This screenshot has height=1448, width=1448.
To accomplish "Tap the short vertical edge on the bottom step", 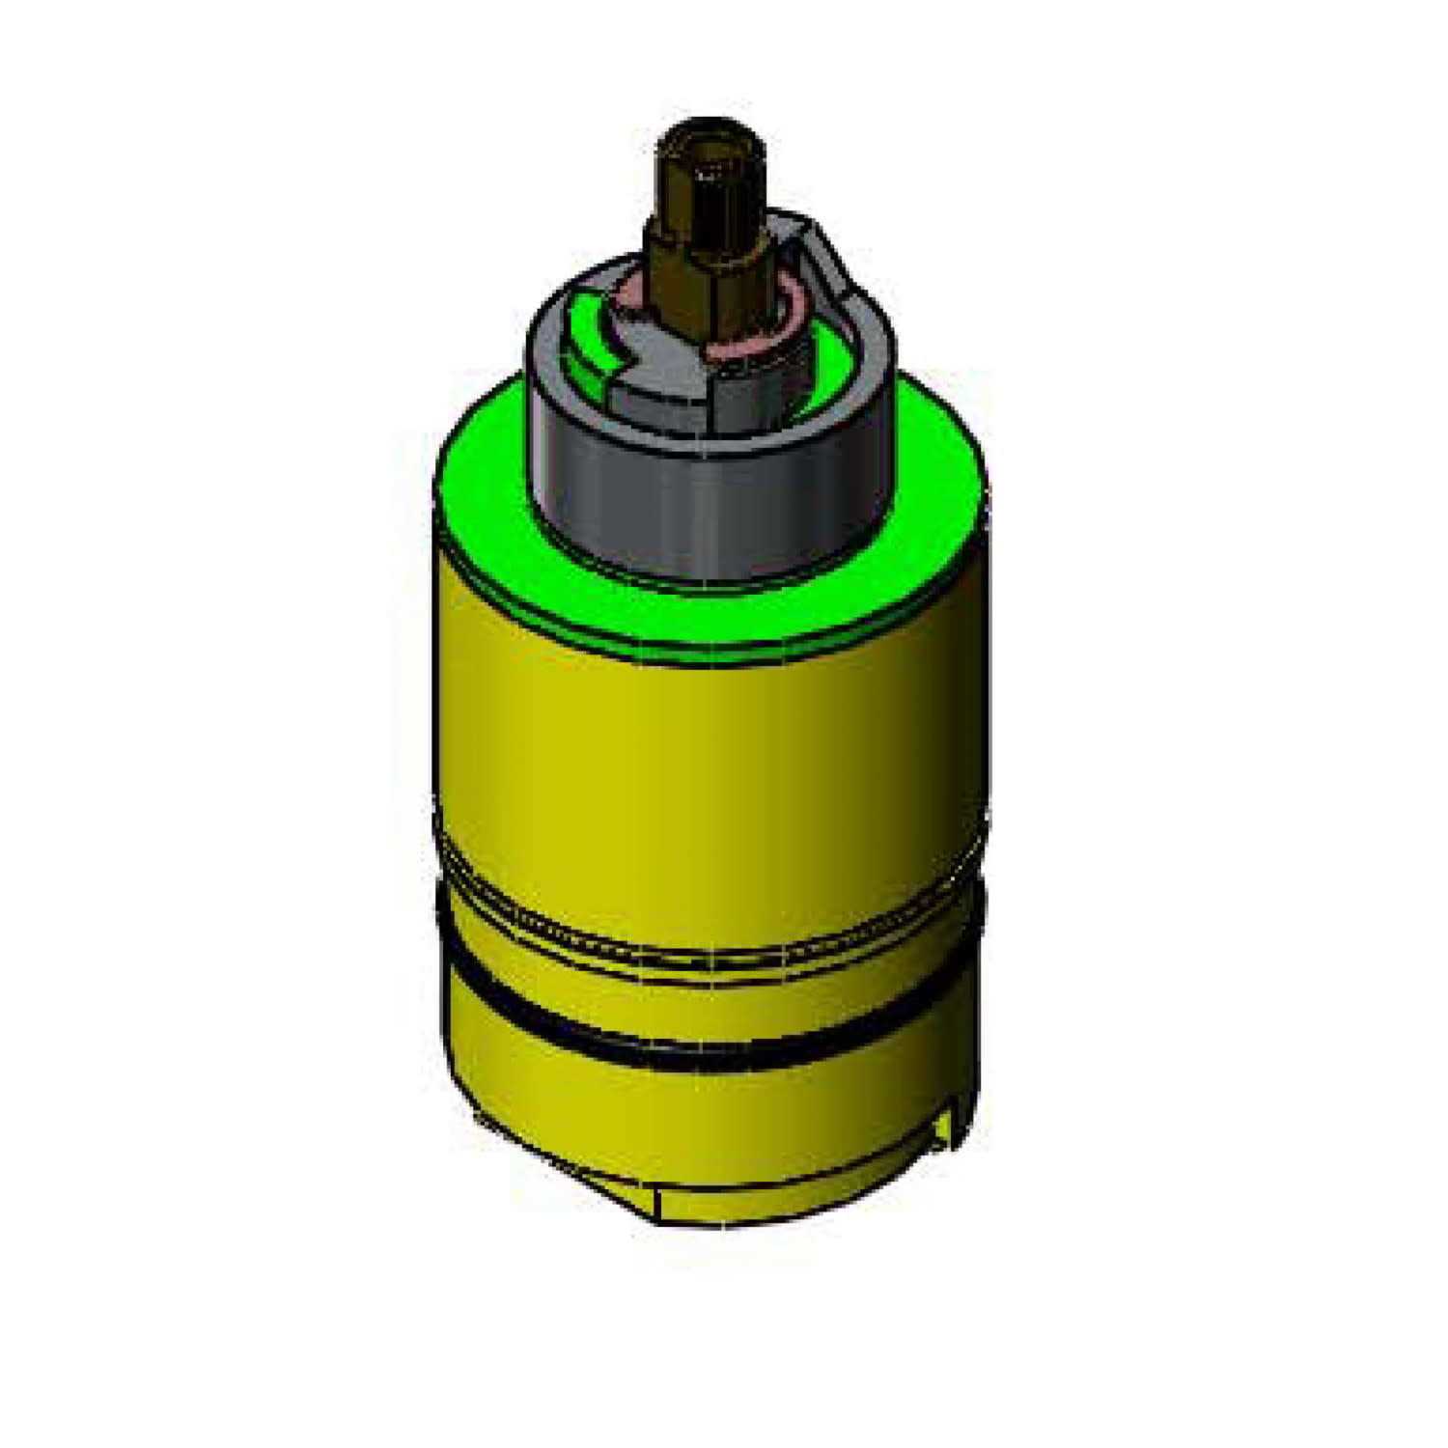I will (x=657, y=1203).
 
